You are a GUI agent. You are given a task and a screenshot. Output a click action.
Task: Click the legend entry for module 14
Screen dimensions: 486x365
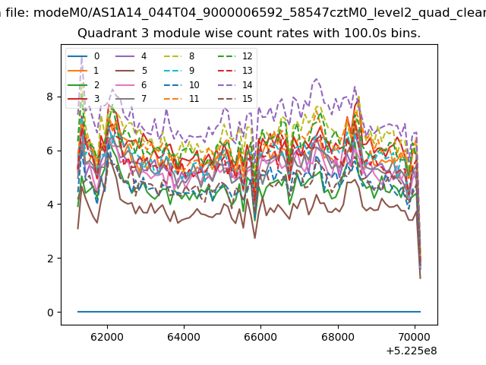coord(235,84)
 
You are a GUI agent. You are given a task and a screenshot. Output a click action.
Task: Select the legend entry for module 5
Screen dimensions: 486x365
coord(131,71)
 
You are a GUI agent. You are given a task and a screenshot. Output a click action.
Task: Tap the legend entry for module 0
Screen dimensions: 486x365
coord(84,56)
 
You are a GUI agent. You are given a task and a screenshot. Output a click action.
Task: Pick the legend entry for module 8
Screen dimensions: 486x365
coord(179,56)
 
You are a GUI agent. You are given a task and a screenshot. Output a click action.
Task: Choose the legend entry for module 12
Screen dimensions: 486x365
coord(235,56)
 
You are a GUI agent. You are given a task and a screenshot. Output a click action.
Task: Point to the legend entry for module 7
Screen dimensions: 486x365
coord(131,99)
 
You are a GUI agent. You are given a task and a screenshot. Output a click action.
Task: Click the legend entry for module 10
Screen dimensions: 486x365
coord(181,84)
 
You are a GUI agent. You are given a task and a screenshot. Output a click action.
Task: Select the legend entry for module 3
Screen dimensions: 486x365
coord(84,99)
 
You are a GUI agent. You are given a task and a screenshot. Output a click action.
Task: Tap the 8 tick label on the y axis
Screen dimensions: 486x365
coord(50,97)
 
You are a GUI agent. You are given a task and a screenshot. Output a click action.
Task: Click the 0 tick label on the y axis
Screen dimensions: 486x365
coord(50,313)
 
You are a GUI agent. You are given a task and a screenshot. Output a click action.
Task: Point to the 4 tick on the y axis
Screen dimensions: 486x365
coord(61,205)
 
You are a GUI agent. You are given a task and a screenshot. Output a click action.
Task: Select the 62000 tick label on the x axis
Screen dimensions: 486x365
coord(107,337)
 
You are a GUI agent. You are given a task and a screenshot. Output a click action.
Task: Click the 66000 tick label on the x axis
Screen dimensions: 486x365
coord(260,337)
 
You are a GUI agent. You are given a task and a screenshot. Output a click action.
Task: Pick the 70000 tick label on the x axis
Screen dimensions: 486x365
coord(415,337)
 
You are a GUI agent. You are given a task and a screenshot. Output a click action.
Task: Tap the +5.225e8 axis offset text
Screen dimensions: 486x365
coord(412,351)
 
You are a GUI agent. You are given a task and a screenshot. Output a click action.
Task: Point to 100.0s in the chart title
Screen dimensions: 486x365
coord(363,33)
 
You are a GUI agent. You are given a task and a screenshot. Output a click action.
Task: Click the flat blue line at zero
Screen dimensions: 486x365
coord(249,312)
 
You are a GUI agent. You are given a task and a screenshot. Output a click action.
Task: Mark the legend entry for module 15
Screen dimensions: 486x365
coord(235,99)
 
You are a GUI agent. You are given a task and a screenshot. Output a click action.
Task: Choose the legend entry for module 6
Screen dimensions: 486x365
coord(131,84)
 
